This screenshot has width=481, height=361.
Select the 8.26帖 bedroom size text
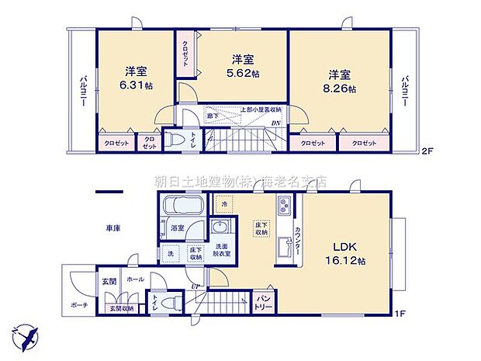click(341, 89)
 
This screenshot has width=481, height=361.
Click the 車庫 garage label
click(114, 228)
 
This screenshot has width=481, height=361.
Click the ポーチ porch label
click(77, 304)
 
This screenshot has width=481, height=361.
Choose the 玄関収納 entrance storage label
click(120, 309)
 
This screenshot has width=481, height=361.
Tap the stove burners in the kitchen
click(283, 206)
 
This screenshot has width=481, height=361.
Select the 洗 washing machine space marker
click(171, 253)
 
